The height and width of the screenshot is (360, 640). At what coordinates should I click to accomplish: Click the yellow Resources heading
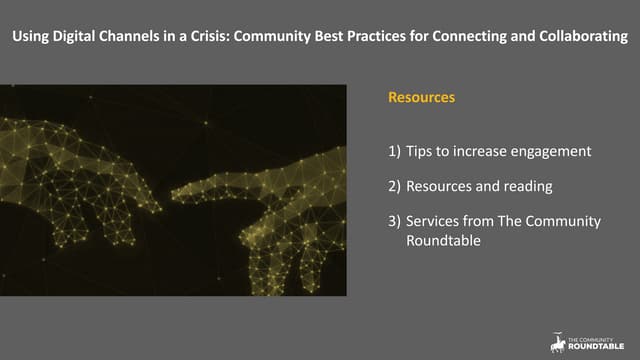[x=421, y=99]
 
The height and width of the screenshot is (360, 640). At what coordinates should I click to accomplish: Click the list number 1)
[x=395, y=152]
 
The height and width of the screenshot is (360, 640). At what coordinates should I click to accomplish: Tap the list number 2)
[x=395, y=186]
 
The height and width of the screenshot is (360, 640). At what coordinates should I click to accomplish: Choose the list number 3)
[x=395, y=221]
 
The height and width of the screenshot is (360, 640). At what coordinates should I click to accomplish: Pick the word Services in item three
[x=433, y=221]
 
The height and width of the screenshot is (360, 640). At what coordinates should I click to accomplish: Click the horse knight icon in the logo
[x=556, y=342]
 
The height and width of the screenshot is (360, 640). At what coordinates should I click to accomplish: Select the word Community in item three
[x=562, y=221]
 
